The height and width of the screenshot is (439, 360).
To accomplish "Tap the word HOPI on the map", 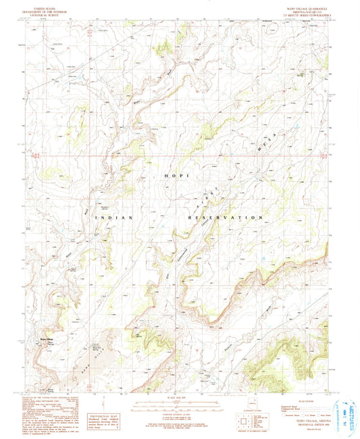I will [174, 175].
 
